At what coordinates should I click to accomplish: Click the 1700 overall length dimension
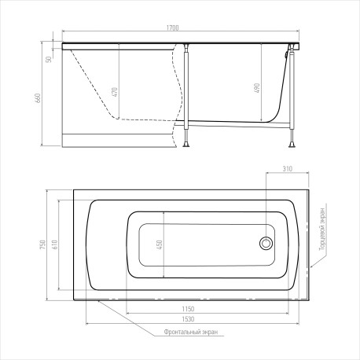point(173,28)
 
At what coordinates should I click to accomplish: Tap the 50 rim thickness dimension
point(49,59)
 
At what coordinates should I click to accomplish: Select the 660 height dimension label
point(38,98)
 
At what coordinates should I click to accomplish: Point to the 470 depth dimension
point(115,92)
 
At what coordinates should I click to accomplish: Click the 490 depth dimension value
point(257,88)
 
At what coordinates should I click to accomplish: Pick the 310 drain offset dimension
point(288,169)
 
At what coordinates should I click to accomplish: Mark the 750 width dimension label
point(43,244)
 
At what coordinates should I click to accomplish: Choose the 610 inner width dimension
point(55,244)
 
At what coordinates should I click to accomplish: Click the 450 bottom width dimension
point(160,244)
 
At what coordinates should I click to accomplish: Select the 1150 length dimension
point(188,309)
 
